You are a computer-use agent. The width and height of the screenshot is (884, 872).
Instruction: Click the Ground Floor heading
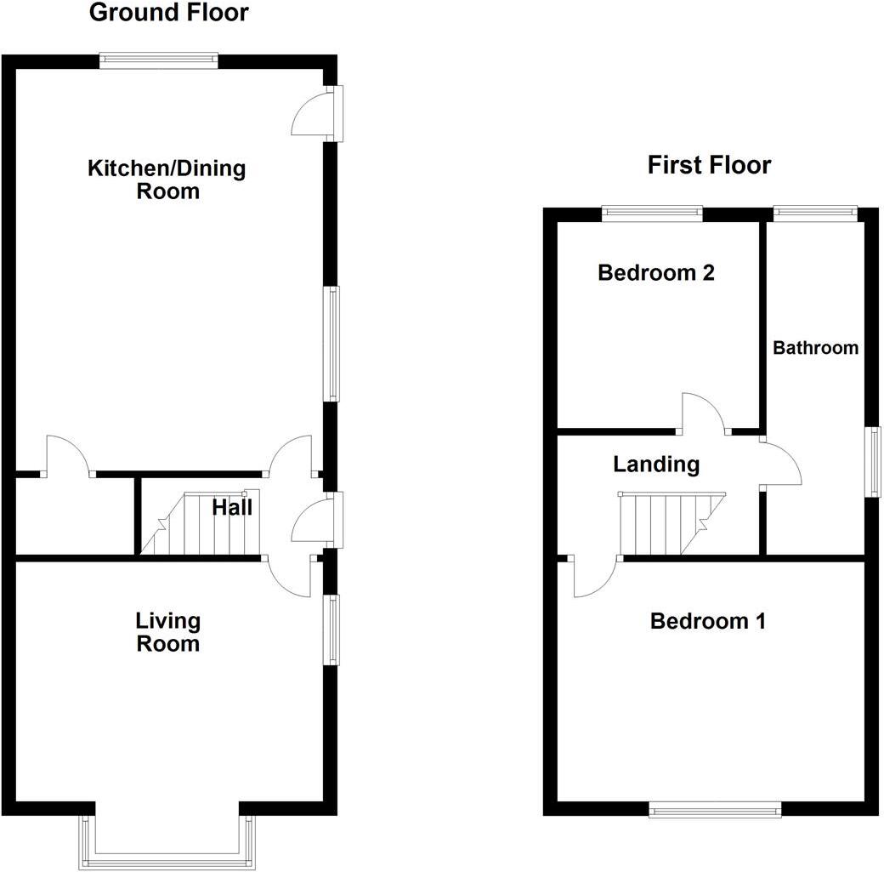168,13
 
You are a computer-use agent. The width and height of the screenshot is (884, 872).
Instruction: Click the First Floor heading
709,164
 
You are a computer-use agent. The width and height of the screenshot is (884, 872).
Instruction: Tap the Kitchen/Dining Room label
167,179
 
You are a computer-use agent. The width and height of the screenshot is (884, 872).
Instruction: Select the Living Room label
167,632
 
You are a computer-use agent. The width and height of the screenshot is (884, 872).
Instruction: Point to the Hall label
232,508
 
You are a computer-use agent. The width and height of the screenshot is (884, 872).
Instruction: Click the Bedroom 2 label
656,273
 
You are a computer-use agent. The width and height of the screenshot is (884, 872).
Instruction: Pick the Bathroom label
815,348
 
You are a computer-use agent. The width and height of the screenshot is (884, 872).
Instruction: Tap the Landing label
656,464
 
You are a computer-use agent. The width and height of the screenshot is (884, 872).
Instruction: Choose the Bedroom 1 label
707,621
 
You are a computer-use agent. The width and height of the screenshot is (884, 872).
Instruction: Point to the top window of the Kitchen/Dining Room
159,60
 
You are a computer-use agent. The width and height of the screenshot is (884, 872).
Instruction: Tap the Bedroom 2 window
653,213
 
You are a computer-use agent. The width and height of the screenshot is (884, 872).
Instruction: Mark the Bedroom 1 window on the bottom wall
715,810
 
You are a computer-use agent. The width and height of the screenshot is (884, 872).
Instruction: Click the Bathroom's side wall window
873,460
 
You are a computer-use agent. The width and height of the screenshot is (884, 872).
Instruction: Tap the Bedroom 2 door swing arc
704,410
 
